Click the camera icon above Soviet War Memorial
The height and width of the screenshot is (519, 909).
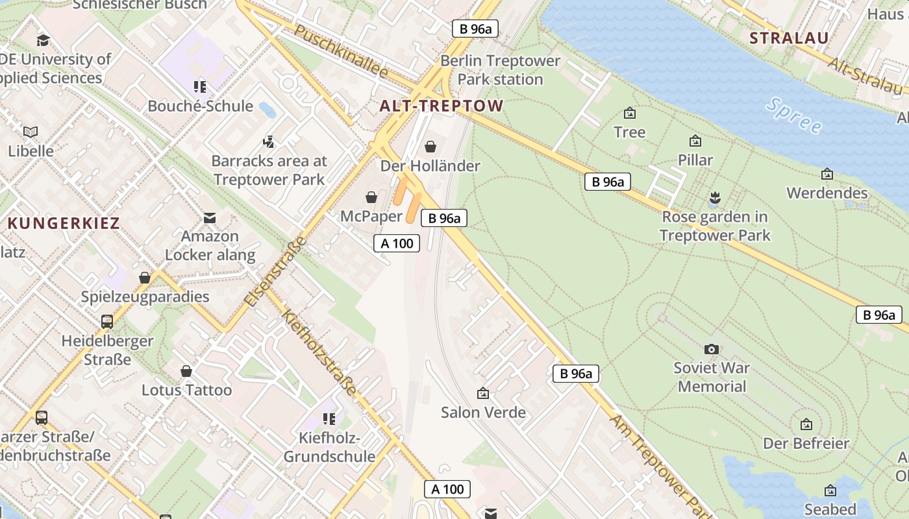pyautogui.click(x=712, y=349)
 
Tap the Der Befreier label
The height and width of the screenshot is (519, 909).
pyautogui.click(x=806, y=444)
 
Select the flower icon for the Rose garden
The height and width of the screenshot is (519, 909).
pyautogui.click(x=715, y=197)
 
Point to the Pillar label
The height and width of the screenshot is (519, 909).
pyautogui.click(x=695, y=160)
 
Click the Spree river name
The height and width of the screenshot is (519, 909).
pyautogui.click(x=793, y=115)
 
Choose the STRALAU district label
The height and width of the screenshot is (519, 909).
pyautogui.click(x=789, y=38)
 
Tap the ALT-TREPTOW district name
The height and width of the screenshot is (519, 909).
pyautogui.click(x=442, y=106)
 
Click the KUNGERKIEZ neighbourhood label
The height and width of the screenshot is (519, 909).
pyautogui.click(x=64, y=224)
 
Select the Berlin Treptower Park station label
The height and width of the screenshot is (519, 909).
pyautogui.click(x=500, y=70)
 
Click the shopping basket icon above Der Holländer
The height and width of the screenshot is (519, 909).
pyautogui.click(x=430, y=147)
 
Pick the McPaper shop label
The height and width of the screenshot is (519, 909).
pyautogui.click(x=371, y=216)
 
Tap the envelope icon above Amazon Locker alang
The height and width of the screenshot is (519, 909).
pyautogui.click(x=210, y=217)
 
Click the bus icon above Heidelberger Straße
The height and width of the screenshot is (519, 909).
pyautogui.click(x=107, y=321)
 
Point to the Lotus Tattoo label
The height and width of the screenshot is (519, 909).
pyautogui.click(x=186, y=390)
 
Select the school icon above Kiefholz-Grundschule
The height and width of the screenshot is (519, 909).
pyautogui.click(x=329, y=419)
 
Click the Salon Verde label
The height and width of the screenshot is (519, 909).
pyautogui.click(x=483, y=412)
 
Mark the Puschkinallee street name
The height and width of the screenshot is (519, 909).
pyautogui.click(x=341, y=51)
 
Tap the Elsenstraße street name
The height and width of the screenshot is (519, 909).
pyautogui.click(x=276, y=272)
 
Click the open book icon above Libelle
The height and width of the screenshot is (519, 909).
pyautogui.click(x=31, y=132)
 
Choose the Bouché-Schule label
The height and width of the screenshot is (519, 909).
pyautogui.click(x=200, y=106)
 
